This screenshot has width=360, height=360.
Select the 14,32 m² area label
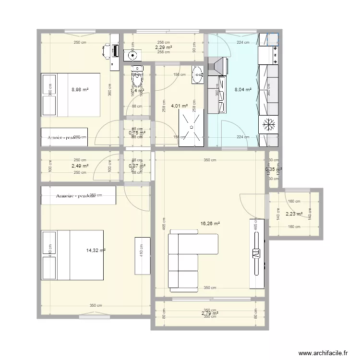[x=96, y=250]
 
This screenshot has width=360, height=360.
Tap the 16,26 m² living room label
[x=210, y=224]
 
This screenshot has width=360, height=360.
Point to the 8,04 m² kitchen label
[x=242, y=89]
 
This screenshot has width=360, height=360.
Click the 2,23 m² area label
[x=293, y=214]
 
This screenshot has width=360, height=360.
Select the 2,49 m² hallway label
[x=80, y=166]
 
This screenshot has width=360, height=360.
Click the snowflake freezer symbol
[x=269, y=125]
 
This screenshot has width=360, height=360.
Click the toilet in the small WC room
[x=138, y=74]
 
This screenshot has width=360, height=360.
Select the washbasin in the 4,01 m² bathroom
[x=198, y=74]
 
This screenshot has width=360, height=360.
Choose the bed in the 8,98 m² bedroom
[x=71, y=95]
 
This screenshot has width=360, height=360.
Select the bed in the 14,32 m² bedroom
[x=72, y=255]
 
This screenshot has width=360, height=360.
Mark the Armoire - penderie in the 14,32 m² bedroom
[x=79, y=196]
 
